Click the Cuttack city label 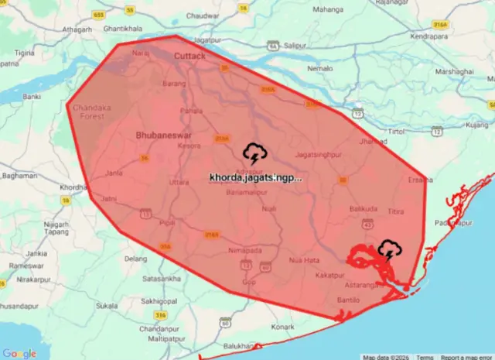(189, 57)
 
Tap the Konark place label (284, 327)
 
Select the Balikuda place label (364, 209)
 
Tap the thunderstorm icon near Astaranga (388, 249)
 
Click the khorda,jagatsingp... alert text (255, 177)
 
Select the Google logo (19, 353)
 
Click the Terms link (425, 357)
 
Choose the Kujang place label (477, 124)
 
